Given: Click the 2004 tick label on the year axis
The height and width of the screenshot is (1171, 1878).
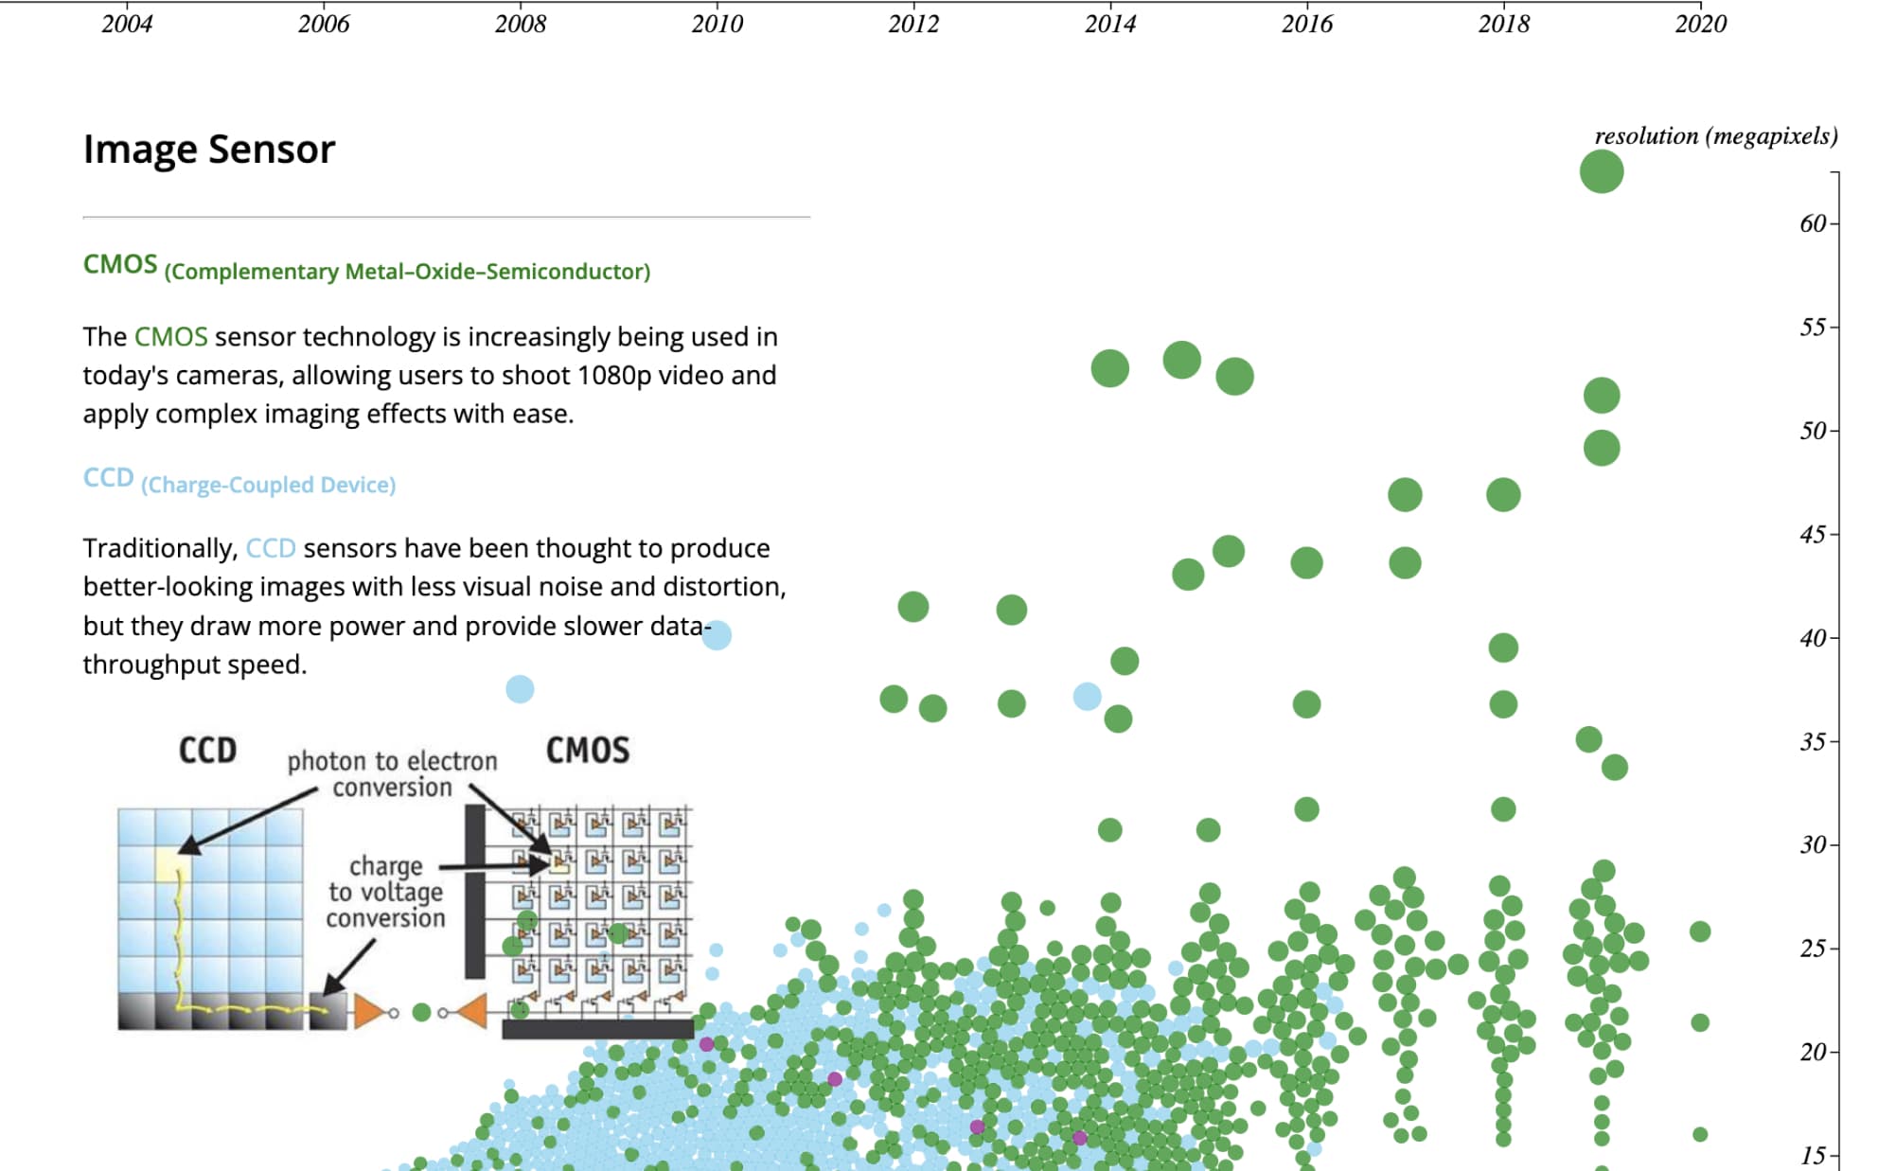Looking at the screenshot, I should tap(127, 24).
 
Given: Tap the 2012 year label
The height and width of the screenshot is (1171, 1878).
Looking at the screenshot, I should tap(913, 24).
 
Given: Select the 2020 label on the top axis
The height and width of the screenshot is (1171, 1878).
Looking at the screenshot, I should tap(1700, 24).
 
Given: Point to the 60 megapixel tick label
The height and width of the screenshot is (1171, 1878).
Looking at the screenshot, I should tap(1813, 224).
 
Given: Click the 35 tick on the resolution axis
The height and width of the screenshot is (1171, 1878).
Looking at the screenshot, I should tap(1813, 742).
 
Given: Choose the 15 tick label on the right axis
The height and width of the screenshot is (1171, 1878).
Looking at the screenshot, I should tap(1813, 1156).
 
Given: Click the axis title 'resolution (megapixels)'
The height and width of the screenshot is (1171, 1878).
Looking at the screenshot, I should tap(1715, 136).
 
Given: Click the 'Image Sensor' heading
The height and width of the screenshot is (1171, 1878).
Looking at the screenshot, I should tap(209, 150).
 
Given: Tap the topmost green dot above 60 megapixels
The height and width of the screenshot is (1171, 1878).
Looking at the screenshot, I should tap(1601, 172).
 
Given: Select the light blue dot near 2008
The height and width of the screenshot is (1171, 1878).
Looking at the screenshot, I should tap(520, 689).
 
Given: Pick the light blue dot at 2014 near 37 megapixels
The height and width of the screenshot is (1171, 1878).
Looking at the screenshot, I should tap(1087, 697).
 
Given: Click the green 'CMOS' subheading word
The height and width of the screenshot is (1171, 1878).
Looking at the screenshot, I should tap(119, 264).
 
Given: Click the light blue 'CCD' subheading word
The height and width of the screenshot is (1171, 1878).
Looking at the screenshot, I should tap(108, 477).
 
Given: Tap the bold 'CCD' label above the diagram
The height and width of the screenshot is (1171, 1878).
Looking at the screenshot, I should tap(207, 751).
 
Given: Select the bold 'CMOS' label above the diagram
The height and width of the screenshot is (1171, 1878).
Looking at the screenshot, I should tap(587, 751).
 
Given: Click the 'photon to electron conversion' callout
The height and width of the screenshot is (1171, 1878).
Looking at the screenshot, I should tap(392, 774).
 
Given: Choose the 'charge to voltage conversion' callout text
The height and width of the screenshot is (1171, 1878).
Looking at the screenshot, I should tap(385, 892).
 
